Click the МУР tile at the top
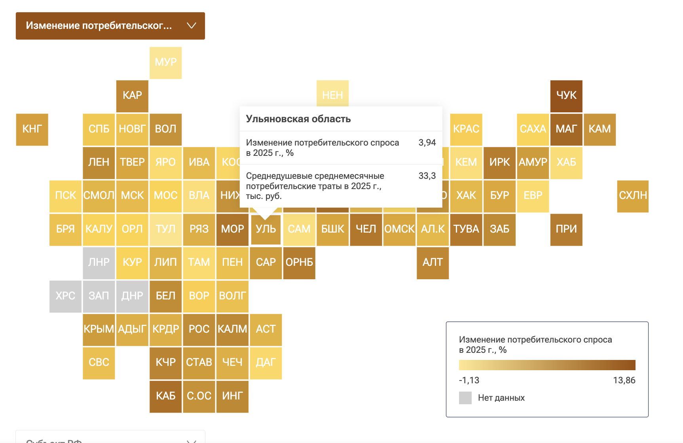[x=165, y=62]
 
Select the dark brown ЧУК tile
[x=566, y=96]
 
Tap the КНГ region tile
[x=32, y=129]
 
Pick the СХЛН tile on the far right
[x=633, y=196]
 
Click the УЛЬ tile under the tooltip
[x=266, y=229]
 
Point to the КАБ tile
[x=165, y=396]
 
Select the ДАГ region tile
[x=266, y=363]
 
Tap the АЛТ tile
[x=433, y=263]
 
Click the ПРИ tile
[x=566, y=229]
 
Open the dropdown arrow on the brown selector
[x=192, y=26]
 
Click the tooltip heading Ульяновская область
[x=298, y=119]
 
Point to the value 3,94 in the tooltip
[x=427, y=143]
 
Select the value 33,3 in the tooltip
[x=427, y=176]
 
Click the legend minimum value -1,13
[x=469, y=381]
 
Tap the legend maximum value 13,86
[x=624, y=381]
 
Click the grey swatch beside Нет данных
[x=465, y=398]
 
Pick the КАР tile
[x=132, y=96]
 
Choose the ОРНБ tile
[x=299, y=263]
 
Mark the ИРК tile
[x=499, y=163]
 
